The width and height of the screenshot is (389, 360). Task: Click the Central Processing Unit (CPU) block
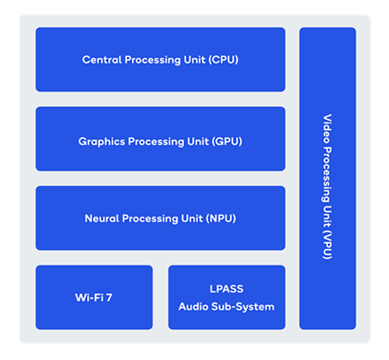tap(160, 59)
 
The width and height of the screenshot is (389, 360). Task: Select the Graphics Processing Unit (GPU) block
tap(160, 139)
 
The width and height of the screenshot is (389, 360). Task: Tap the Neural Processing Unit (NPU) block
tap(160, 218)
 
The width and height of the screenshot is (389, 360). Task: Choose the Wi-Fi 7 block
tap(94, 297)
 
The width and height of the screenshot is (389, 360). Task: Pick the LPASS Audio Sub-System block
tap(227, 297)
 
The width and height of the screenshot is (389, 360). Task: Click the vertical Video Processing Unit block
tap(327, 178)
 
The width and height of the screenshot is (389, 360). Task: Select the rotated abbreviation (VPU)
tap(327, 246)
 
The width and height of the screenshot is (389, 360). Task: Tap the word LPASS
tap(227, 289)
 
